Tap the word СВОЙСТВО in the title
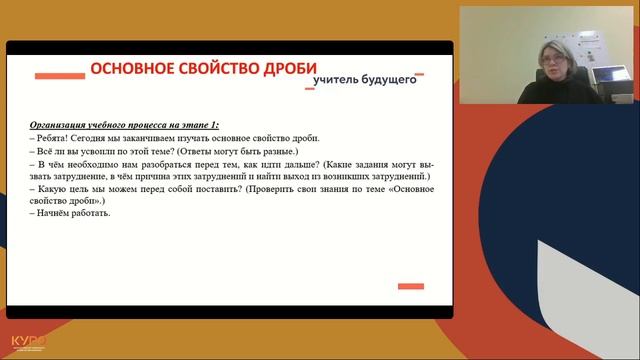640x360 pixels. (x=203, y=69)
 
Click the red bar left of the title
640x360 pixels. (x=59, y=74)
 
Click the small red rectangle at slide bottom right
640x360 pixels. (x=410, y=287)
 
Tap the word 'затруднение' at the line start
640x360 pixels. (x=63, y=174)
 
